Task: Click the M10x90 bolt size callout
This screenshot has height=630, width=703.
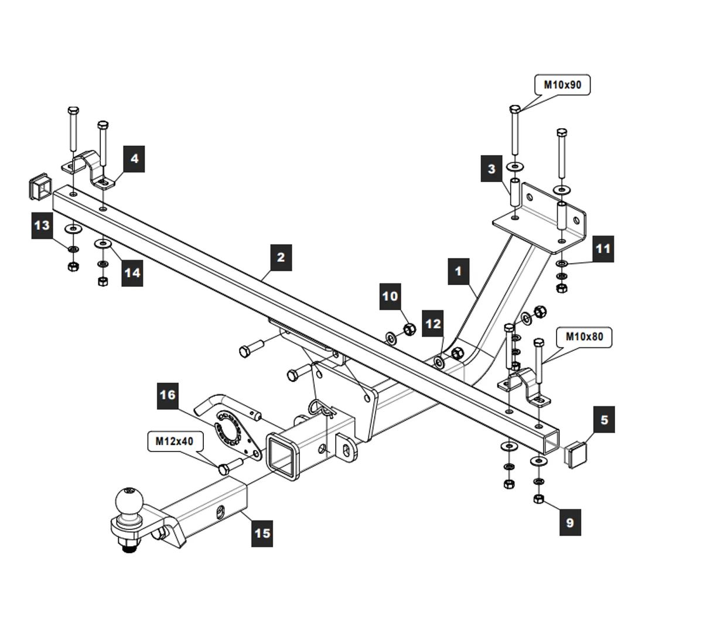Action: (562, 85)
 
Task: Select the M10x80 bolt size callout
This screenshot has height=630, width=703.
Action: (583, 337)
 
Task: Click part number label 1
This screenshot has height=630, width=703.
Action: (458, 272)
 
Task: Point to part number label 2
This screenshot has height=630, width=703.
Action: (281, 257)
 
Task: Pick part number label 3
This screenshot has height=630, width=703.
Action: (491, 169)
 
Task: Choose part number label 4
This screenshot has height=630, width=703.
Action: (135, 158)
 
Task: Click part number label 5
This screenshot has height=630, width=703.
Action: (604, 420)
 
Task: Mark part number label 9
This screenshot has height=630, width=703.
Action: (570, 521)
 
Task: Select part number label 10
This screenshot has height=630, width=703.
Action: (390, 296)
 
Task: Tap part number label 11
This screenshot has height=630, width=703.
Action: (602, 248)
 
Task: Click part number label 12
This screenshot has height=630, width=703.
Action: (433, 324)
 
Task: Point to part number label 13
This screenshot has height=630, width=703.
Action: (43, 225)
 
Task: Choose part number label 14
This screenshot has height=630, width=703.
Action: (132, 273)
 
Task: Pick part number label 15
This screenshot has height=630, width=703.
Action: (262, 533)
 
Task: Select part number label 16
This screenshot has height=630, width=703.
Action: (168, 395)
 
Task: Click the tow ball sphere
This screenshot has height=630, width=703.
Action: (129, 499)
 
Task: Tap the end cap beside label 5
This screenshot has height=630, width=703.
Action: (575, 454)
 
